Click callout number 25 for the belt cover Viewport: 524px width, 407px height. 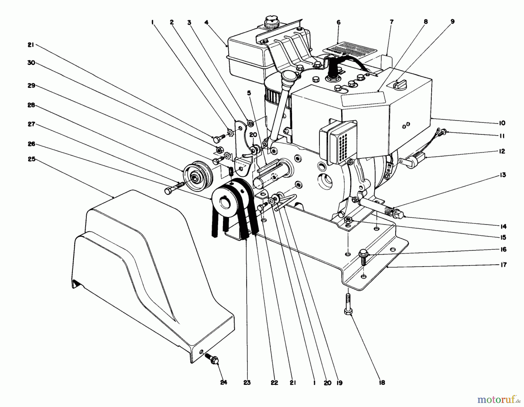click(31, 159)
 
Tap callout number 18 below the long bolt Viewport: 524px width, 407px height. click(382, 383)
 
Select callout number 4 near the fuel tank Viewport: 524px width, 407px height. click(206, 22)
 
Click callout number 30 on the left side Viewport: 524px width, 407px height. click(31, 63)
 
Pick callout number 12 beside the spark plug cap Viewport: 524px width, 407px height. click(502, 151)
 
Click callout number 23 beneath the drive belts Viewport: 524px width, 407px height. click(247, 383)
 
